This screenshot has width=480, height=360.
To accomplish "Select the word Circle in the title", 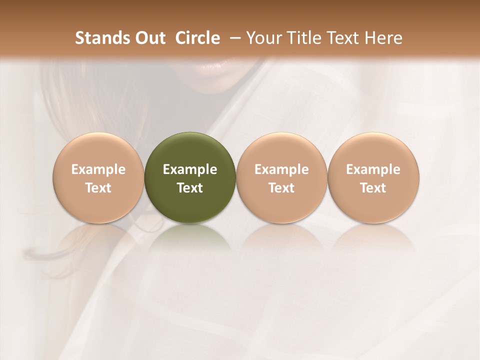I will click(x=197, y=38).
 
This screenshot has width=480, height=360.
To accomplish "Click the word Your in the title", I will click(x=262, y=38).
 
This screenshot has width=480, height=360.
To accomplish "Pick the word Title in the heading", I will click(x=299, y=38).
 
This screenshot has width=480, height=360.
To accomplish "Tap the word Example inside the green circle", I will click(x=190, y=169).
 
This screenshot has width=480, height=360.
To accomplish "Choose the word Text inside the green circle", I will click(x=190, y=188).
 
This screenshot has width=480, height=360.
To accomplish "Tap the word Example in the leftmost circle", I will click(x=98, y=169).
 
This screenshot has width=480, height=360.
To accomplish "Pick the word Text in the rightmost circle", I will click(x=373, y=188).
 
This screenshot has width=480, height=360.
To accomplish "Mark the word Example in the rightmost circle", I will click(x=373, y=169).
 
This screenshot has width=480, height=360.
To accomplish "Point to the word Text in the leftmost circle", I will click(x=98, y=188).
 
